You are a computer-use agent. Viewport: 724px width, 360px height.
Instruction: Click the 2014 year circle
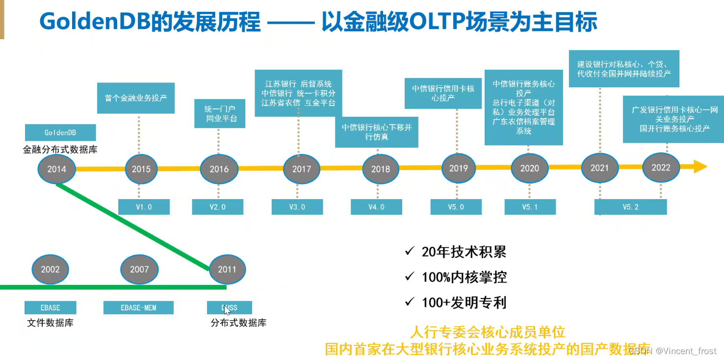tap(56, 169)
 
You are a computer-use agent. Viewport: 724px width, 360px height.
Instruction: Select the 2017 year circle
tap(302, 169)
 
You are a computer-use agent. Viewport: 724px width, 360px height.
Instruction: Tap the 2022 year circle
tap(661, 168)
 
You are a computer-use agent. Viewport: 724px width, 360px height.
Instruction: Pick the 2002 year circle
tap(50, 269)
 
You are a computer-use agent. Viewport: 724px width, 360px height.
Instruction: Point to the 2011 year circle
tap(227, 269)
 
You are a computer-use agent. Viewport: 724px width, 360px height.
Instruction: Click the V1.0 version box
tap(144, 207)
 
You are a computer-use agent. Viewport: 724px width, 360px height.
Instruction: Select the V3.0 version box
tap(297, 207)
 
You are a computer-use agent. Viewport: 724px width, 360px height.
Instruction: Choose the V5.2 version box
tap(630, 207)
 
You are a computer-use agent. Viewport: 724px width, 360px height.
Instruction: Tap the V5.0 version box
tap(456, 207)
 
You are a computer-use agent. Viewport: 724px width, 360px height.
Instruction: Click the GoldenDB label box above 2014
tap(60, 133)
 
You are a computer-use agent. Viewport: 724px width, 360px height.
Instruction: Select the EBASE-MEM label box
tap(138, 308)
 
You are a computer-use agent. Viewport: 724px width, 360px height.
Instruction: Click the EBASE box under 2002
tap(51, 308)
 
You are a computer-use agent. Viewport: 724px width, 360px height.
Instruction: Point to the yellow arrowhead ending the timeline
tap(700, 167)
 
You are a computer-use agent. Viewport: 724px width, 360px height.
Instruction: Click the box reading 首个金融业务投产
tap(136, 98)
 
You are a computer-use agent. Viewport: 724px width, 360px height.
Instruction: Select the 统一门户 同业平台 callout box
tap(220, 114)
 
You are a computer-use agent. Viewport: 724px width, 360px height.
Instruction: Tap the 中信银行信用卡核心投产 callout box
tap(443, 93)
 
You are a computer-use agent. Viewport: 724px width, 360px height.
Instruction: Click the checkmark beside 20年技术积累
tap(410, 252)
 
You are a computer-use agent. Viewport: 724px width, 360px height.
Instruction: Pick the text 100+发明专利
tap(464, 303)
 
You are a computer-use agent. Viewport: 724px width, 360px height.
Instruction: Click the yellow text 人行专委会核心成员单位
tap(489, 333)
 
